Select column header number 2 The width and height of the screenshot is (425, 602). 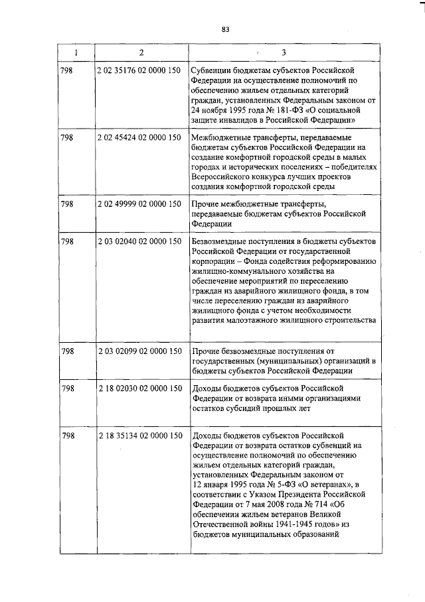pyautogui.click(x=141, y=52)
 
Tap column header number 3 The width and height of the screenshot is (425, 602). pyautogui.click(x=284, y=52)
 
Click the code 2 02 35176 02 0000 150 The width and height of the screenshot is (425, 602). pyautogui.click(x=139, y=70)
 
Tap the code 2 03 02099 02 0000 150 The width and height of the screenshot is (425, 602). pyautogui.click(x=139, y=351)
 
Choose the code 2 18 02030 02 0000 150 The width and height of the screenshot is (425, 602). pyautogui.click(x=139, y=388)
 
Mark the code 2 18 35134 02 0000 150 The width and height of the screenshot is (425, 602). pyautogui.click(x=139, y=436)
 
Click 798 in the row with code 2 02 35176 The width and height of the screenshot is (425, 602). pyautogui.click(x=67, y=70)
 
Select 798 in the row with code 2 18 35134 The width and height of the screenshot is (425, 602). pyautogui.click(x=67, y=436)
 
